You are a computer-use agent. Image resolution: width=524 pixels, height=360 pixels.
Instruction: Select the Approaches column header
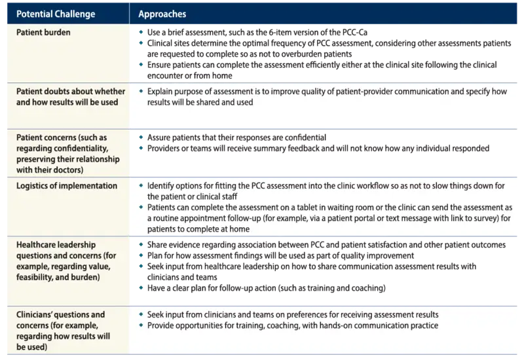point(161,13)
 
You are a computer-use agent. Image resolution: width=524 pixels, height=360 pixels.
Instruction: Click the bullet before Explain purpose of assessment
point(141,92)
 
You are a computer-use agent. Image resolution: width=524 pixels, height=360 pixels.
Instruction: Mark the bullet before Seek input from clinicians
point(141,315)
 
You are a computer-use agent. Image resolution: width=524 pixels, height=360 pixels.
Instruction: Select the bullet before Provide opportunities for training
point(141,325)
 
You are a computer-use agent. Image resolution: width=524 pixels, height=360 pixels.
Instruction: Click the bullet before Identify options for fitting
point(141,186)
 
